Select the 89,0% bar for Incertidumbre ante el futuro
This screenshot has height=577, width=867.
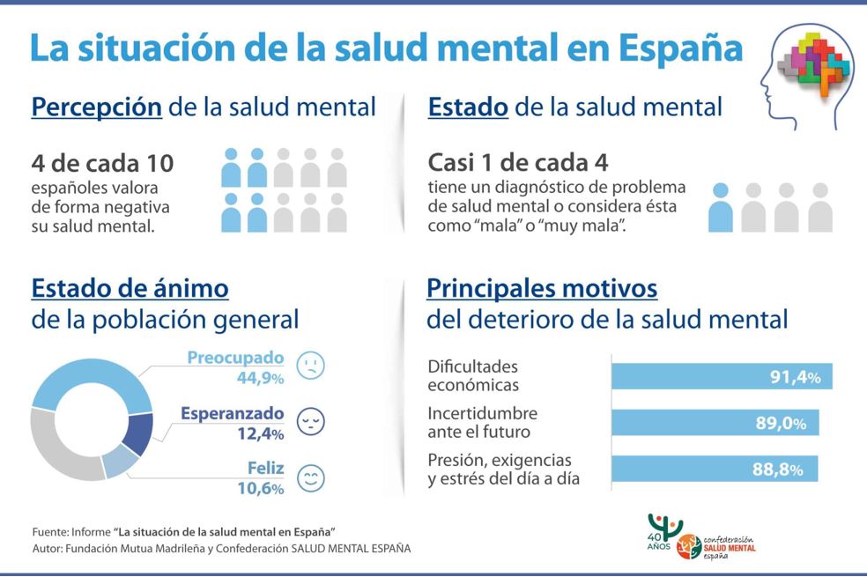[x=715, y=422]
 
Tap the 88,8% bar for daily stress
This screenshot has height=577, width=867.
[x=715, y=469]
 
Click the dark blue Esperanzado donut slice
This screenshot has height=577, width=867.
[x=138, y=433]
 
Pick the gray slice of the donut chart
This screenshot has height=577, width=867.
[x=62, y=449]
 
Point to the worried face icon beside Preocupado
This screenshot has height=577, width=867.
[x=310, y=366]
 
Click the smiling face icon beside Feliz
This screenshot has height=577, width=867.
[x=310, y=478]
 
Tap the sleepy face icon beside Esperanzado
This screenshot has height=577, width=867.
[x=310, y=421]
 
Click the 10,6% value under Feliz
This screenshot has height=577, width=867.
[x=261, y=488]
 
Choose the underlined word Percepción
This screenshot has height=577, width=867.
[x=96, y=107]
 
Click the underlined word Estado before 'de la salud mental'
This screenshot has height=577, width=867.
[x=467, y=107]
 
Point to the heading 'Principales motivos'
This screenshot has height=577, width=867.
[x=542, y=288]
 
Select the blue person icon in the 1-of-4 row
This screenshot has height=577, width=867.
[x=721, y=208]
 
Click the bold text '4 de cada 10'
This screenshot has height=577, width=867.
[x=102, y=164]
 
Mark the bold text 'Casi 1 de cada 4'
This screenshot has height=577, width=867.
[x=517, y=164]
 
